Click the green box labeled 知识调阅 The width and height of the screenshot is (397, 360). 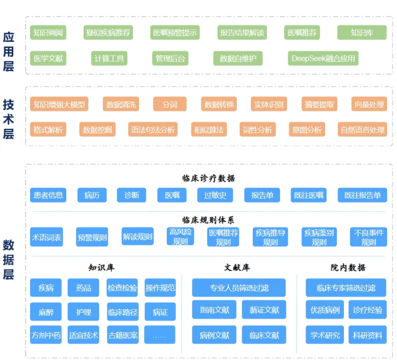tap(48, 32)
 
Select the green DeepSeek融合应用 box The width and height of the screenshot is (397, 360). tap(323, 58)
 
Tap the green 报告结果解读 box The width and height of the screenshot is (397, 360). tap(242, 32)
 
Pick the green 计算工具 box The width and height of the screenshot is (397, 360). tap(109, 58)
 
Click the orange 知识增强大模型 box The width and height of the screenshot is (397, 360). tap(59, 104)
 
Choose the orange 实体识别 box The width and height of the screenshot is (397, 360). tap(269, 104)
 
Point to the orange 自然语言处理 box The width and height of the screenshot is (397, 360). tap(362, 129)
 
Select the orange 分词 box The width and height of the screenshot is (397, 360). tap(170, 104)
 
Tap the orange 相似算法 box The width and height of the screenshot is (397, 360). tap(209, 129)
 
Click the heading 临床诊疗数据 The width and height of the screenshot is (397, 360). tap(208, 178)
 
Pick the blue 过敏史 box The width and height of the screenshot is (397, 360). tap(215, 195)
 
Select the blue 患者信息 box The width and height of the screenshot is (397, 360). tap(48, 195)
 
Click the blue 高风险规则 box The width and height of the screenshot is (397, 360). tap(180, 236)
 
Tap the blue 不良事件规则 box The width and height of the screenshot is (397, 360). tap(368, 237)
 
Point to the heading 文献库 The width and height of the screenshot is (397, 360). tap(237, 267)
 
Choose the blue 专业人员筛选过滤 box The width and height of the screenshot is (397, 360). tap(239, 288)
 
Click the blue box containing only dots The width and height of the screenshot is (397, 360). tap(160, 335)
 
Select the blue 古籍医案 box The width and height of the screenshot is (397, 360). tap(123, 335)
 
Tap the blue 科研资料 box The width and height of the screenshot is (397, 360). tap(367, 335)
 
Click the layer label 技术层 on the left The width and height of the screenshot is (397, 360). tap(8, 119)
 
